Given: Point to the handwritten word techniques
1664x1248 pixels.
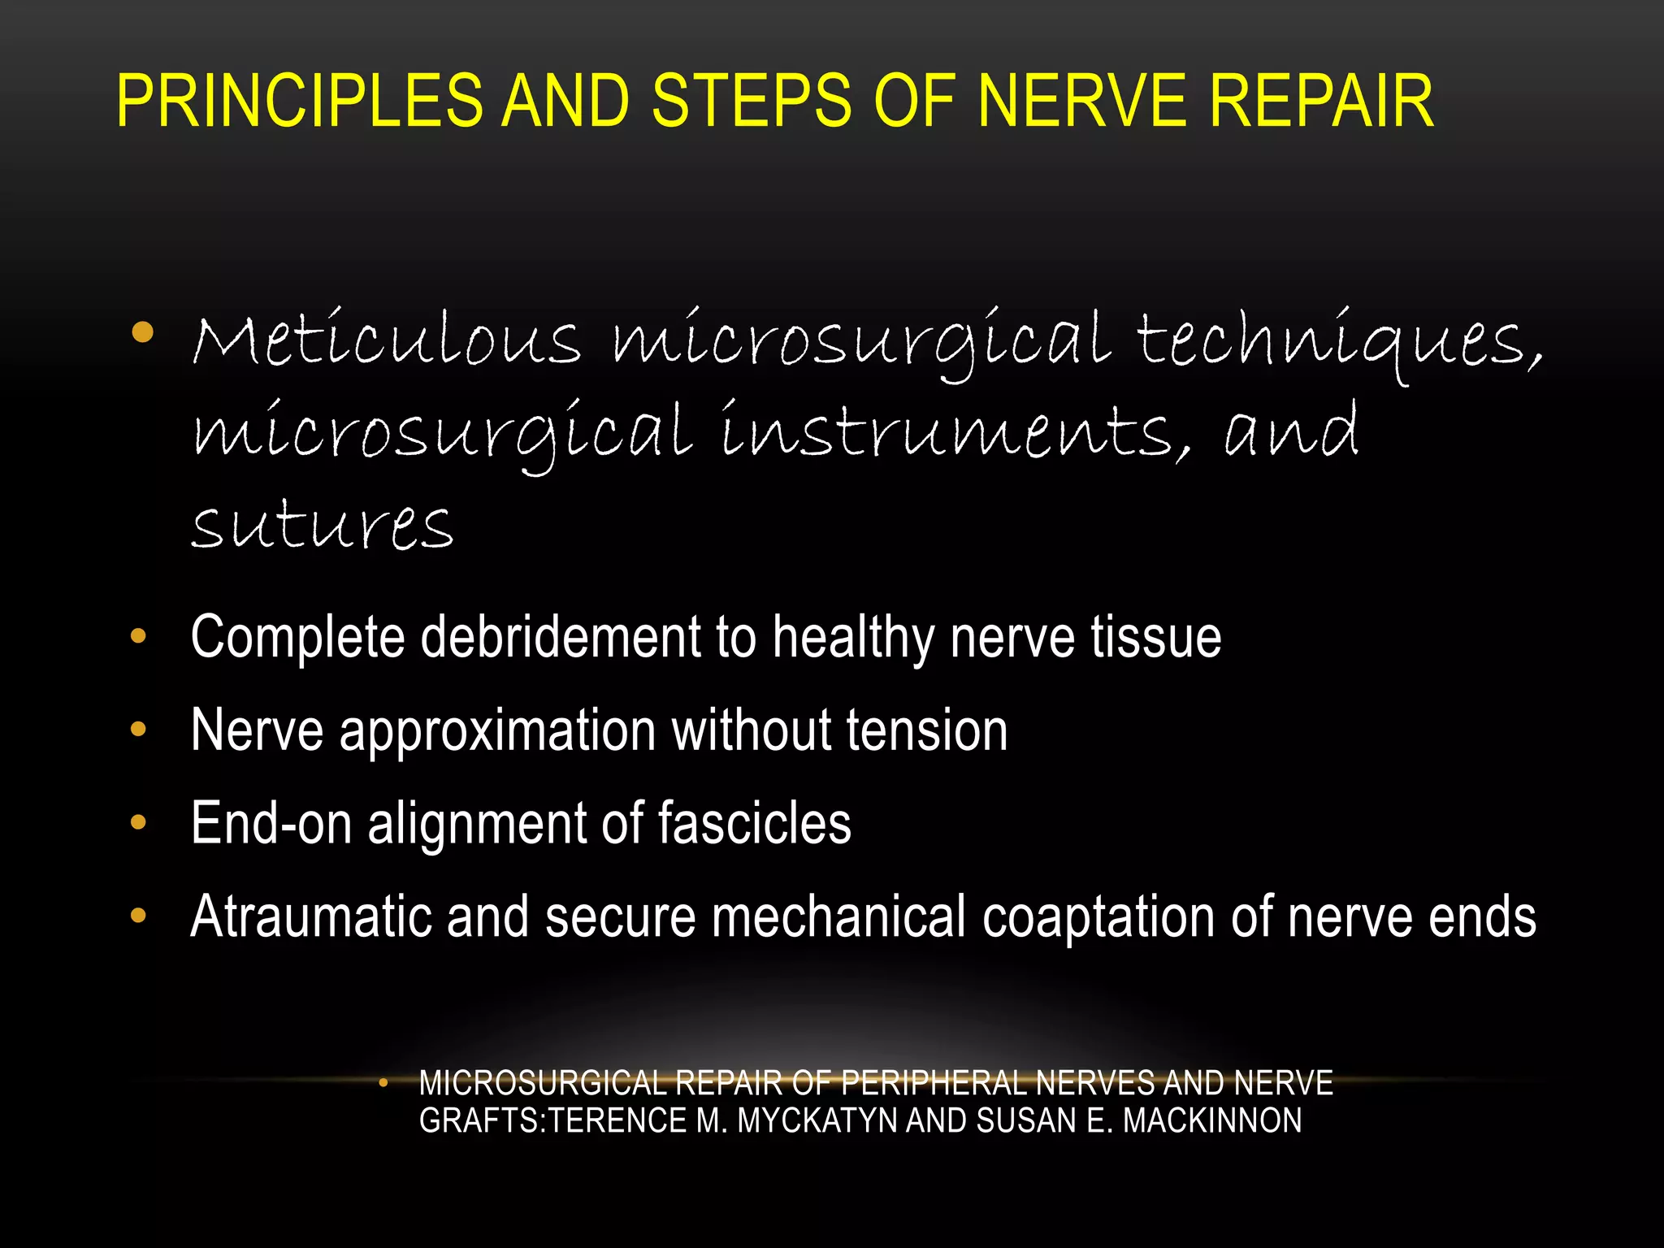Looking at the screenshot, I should tap(1339, 341).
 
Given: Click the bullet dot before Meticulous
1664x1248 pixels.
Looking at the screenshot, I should tap(142, 332).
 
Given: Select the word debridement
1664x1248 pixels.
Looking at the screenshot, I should tap(560, 637).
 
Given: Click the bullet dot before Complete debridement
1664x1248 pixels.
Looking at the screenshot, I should tap(138, 636).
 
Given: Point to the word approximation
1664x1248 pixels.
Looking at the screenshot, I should tap(496, 730).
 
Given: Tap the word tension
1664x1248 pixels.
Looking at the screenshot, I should tap(927, 730).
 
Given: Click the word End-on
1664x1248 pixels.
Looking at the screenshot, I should tap(271, 823).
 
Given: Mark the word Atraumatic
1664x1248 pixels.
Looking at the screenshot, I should tap(310, 916).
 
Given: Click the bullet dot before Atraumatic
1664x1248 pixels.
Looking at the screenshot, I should tap(138, 916).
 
